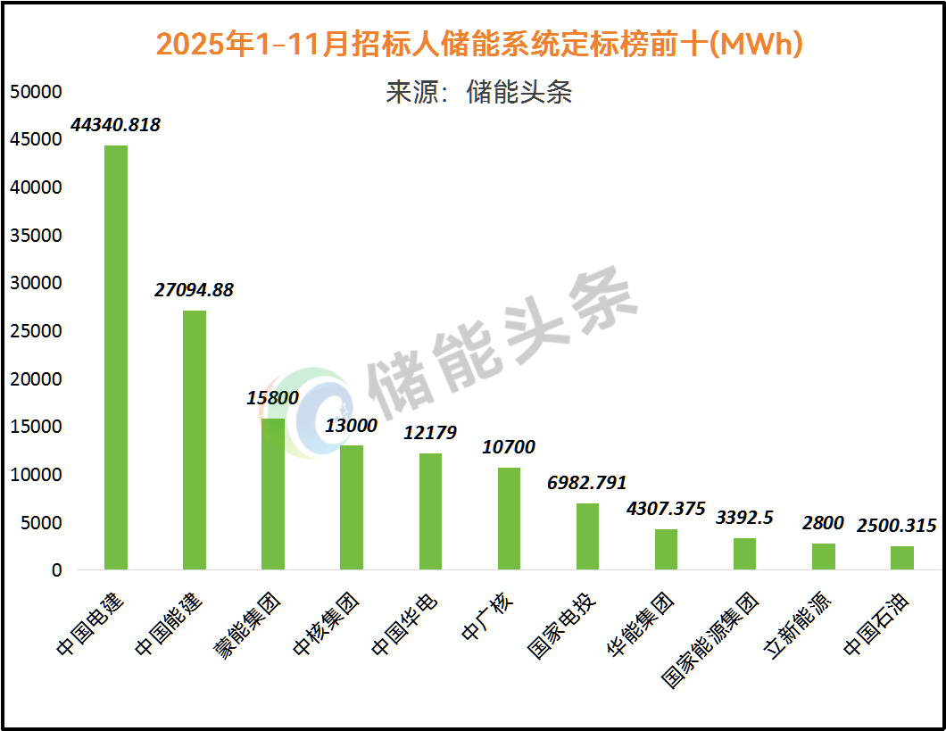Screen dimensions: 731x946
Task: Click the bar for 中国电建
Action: tap(116, 357)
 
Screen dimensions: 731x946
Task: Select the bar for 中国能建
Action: tap(195, 439)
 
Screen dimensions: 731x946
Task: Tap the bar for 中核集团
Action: tap(352, 507)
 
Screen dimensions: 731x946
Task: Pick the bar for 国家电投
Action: tap(587, 536)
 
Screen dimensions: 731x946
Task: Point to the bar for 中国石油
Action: tap(902, 557)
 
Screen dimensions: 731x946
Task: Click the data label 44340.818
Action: tap(116, 125)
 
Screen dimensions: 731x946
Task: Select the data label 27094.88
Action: tap(194, 290)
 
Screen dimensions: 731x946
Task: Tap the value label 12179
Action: tap(430, 433)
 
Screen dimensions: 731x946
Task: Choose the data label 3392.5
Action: tap(744, 518)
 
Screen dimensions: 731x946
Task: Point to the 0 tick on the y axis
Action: tap(57, 570)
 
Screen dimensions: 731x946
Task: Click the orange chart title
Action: tap(479, 44)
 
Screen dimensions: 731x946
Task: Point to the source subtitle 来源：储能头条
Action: tap(479, 92)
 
